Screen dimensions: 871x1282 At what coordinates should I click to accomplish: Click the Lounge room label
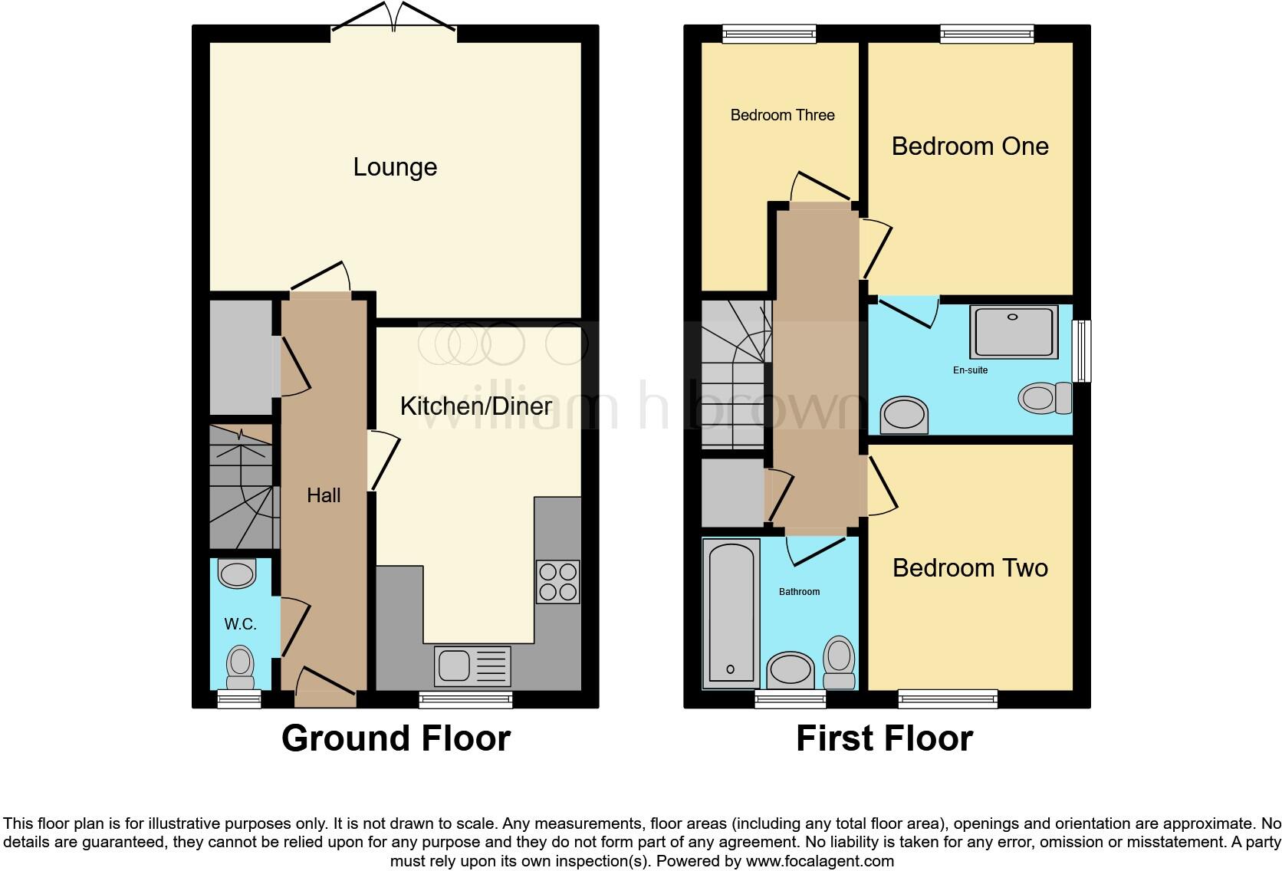point(395,167)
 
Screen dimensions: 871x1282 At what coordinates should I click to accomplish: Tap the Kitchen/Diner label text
point(475,406)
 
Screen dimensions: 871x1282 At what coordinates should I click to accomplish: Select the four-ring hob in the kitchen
point(558,582)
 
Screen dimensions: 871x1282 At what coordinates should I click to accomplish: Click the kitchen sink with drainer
point(472,666)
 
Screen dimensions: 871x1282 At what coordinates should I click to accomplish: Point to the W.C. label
point(240,625)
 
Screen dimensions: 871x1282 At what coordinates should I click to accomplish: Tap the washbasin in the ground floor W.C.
point(237,574)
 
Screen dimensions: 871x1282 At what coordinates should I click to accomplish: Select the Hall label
point(324,495)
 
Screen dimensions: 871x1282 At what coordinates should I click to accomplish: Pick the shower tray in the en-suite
point(1014,331)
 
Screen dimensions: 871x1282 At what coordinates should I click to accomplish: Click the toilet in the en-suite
point(1044,398)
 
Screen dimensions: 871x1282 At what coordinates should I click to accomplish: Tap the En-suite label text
point(970,370)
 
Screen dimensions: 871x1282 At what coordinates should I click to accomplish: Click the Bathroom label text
point(799,592)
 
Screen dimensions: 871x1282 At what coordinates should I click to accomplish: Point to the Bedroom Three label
point(782,115)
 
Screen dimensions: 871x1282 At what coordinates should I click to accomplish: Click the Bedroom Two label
point(970,568)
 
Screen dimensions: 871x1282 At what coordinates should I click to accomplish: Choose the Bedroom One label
point(970,146)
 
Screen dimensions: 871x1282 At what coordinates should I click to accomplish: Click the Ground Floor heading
point(396,738)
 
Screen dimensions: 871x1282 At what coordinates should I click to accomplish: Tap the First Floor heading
point(884,738)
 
